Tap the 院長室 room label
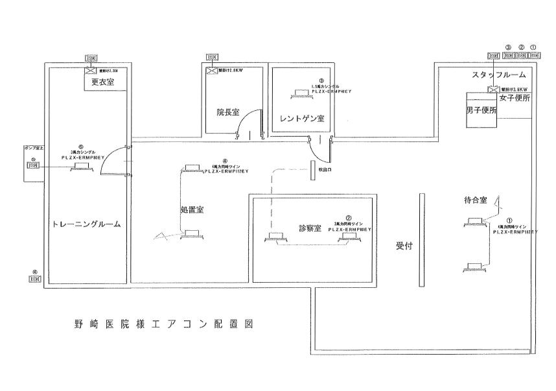[x=228, y=112]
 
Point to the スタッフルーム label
[x=498, y=75]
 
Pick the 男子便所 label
[x=481, y=110]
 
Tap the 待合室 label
[x=476, y=201]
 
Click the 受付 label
[x=404, y=246]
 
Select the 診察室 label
[x=310, y=228]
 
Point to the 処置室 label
[x=192, y=209]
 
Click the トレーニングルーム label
[x=86, y=224]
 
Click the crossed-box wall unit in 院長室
[x=211, y=69]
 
